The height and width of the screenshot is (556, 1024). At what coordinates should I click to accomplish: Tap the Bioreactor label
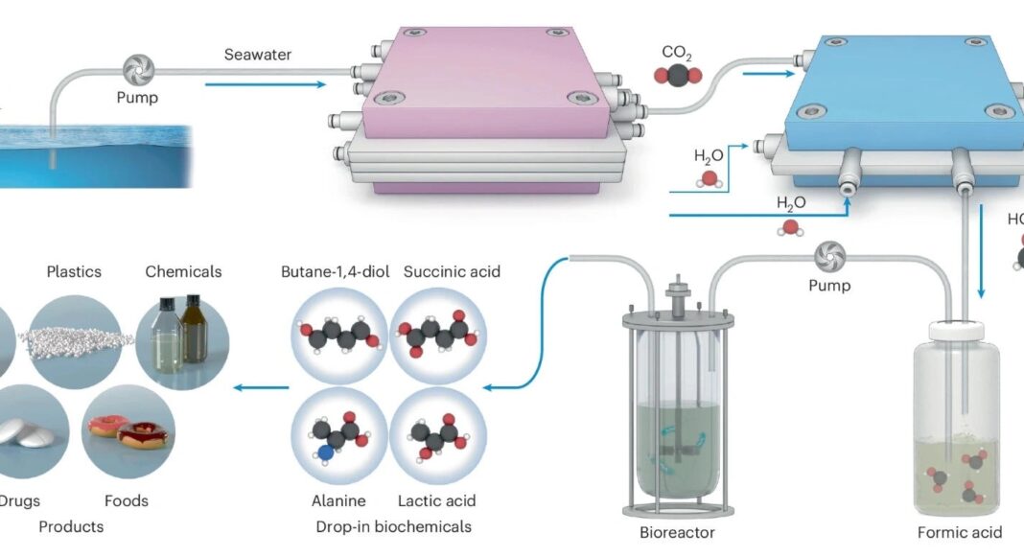click(x=677, y=532)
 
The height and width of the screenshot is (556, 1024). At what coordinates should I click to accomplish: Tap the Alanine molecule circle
click(x=337, y=435)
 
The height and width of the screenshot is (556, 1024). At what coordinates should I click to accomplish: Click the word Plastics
click(x=74, y=271)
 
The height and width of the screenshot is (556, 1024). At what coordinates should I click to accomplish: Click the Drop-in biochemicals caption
click(x=393, y=526)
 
